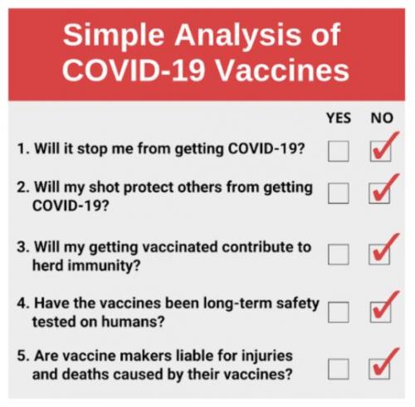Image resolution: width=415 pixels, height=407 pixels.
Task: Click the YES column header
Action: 339,118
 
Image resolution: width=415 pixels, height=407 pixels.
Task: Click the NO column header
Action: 381,118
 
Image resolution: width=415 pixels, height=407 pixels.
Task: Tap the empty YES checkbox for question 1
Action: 339,152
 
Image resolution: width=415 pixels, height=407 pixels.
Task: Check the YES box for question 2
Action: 339,193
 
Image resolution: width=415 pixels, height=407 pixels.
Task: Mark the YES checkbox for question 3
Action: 339,254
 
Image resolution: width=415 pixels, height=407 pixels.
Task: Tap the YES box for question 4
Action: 339,312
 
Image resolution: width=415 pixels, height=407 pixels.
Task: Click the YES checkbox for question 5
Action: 339,366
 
